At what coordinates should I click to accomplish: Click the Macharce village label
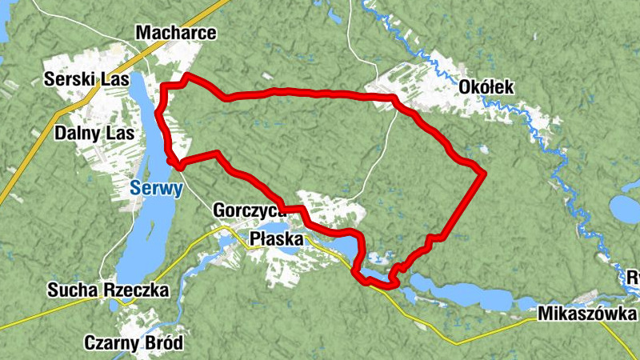tap(176, 33)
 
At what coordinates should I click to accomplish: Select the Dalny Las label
tap(87, 133)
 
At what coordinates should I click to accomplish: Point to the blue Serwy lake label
tap(157, 190)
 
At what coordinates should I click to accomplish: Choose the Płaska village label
tap(277, 238)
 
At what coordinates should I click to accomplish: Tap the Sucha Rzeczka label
tap(108, 290)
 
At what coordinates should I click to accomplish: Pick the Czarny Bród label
tap(134, 343)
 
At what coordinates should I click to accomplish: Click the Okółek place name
tap(486, 86)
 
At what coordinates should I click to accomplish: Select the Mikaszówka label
tap(588, 313)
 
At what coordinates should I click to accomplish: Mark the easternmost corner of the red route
tap(485, 172)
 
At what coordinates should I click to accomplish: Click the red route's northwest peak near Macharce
tap(186, 76)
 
